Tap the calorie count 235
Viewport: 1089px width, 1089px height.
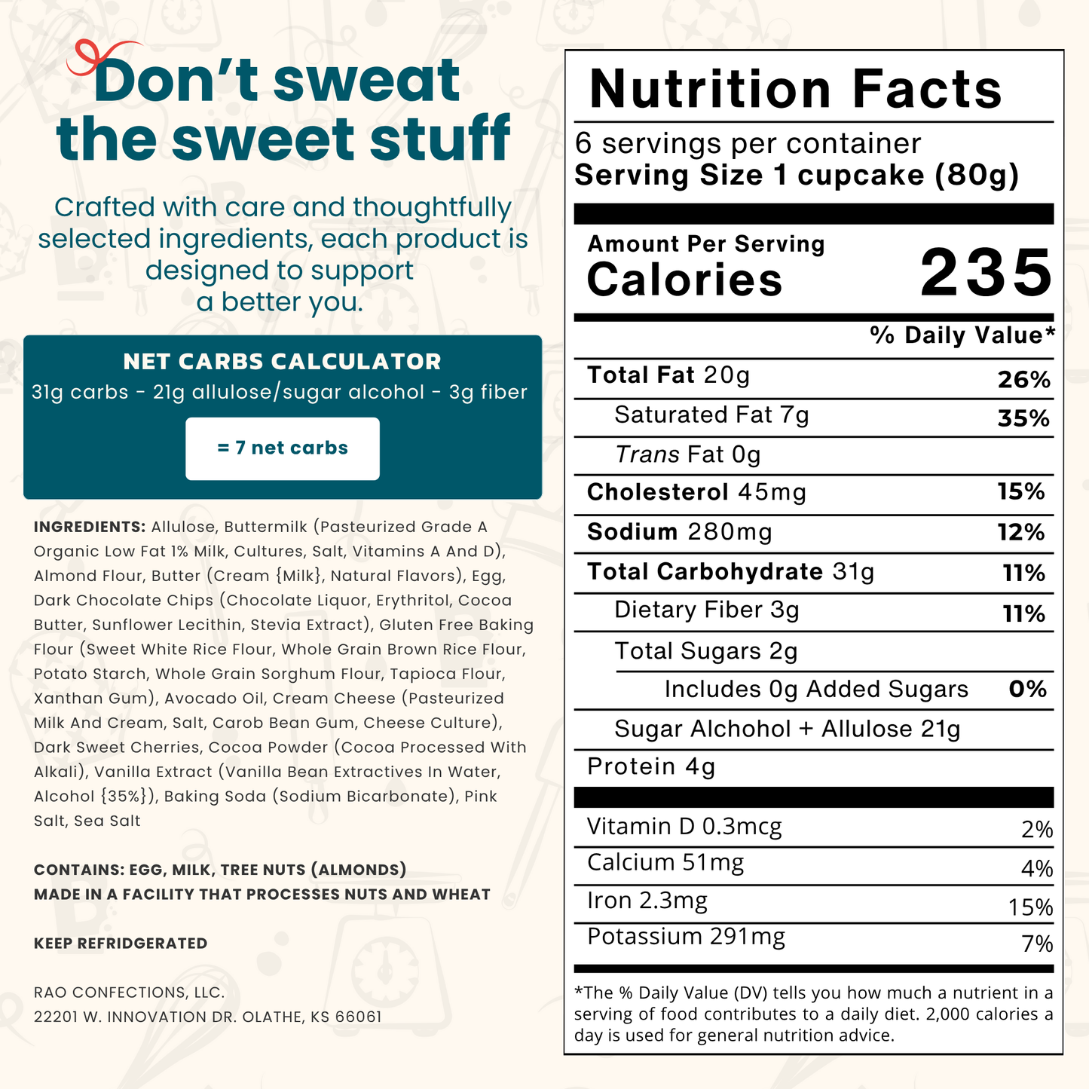click(986, 273)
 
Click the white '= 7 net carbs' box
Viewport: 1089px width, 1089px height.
click(283, 448)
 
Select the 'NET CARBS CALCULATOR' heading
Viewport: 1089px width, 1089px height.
click(283, 362)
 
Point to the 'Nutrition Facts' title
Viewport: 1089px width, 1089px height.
click(795, 90)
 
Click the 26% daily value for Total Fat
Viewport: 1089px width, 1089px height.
click(1023, 380)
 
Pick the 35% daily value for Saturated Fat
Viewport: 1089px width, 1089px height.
click(1023, 418)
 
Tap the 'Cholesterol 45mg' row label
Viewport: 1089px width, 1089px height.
click(696, 493)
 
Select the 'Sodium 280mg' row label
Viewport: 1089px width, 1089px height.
click(679, 532)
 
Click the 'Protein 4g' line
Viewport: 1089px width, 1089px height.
click(651, 766)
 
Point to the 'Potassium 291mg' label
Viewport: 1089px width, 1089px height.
click(686, 937)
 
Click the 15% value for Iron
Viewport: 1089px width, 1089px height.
click(1030, 907)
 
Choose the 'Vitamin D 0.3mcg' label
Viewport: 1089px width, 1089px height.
click(684, 827)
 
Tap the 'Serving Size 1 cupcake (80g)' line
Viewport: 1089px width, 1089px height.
click(797, 176)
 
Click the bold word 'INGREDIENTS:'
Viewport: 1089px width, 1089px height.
click(90, 527)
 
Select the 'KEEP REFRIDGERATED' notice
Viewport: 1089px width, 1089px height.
click(121, 944)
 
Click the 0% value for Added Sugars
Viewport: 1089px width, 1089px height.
click(1027, 690)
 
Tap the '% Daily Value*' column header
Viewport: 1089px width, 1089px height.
click(962, 335)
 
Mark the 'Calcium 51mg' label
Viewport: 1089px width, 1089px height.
click(665, 863)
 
